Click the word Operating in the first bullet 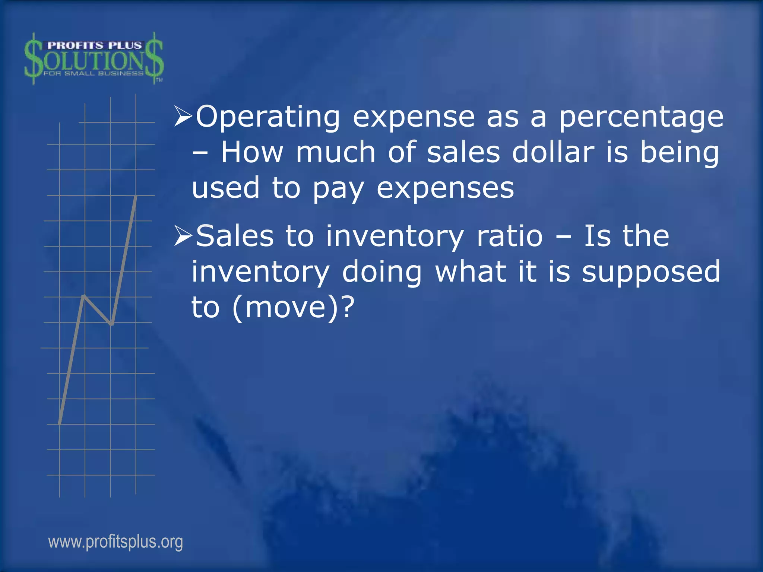tap(267, 117)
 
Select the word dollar tap(553, 153)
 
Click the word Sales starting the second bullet tap(235, 236)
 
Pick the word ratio tap(510, 236)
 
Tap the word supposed tap(651, 273)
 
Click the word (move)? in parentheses tap(293, 308)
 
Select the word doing tap(382, 273)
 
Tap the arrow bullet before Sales tap(183, 236)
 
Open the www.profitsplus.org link tap(115, 541)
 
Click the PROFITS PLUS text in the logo tap(95, 45)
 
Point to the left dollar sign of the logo tap(34, 59)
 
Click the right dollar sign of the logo tap(154, 58)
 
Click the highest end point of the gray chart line tap(136, 196)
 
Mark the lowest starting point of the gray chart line tap(60, 423)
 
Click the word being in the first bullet tap(680, 153)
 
